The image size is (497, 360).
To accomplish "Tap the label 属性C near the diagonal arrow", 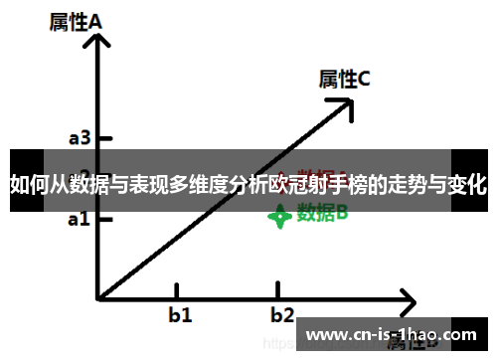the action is (344, 79).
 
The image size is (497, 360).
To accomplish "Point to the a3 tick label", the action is (80, 138).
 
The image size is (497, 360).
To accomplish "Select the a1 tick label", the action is (80, 218).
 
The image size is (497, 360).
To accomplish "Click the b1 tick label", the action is (180, 316).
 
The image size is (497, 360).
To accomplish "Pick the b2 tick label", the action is (283, 316).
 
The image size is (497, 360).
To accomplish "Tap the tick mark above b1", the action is (177, 289).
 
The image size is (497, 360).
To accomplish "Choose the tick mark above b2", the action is (279, 289).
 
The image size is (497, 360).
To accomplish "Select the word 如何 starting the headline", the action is (27, 184).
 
